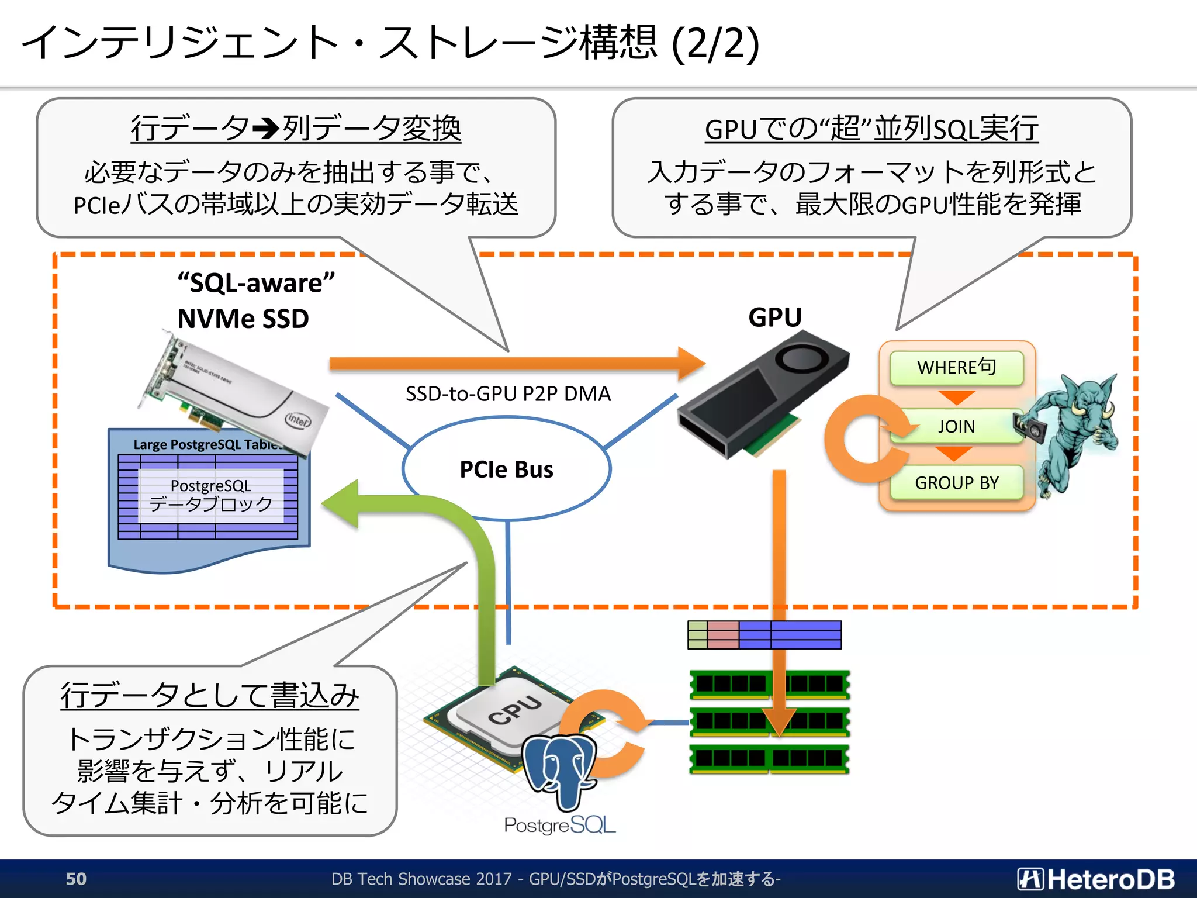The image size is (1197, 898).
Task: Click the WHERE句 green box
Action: coord(956,368)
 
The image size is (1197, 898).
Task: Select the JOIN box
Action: coord(956,426)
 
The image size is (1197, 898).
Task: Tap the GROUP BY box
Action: coord(956,483)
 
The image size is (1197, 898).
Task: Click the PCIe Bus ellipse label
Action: coord(506,469)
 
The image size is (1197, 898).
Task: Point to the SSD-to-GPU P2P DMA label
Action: coord(508,393)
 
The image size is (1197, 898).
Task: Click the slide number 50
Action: coord(76,879)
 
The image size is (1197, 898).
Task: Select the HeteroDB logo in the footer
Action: coord(1096,879)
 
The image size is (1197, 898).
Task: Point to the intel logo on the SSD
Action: coord(297,420)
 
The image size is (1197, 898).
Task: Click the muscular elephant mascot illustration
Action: coord(1073,433)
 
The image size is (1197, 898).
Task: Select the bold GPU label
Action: coord(775,317)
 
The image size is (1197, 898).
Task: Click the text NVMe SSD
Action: coord(243,319)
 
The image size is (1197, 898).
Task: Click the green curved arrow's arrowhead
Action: coord(342,503)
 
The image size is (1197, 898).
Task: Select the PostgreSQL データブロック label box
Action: coord(211,495)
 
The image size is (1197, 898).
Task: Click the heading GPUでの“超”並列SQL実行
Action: coord(871,129)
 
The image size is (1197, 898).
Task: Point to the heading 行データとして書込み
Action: coord(209,696)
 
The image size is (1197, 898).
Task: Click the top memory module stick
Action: coord(769,684)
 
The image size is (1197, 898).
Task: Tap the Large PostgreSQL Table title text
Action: coord(205,444)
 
